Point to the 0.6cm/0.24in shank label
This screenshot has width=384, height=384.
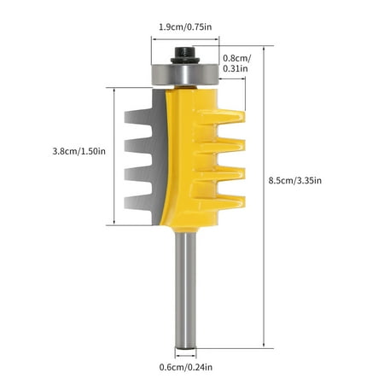click(x=187, y=368)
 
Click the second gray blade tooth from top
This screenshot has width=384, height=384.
click(x=137, y=143)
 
